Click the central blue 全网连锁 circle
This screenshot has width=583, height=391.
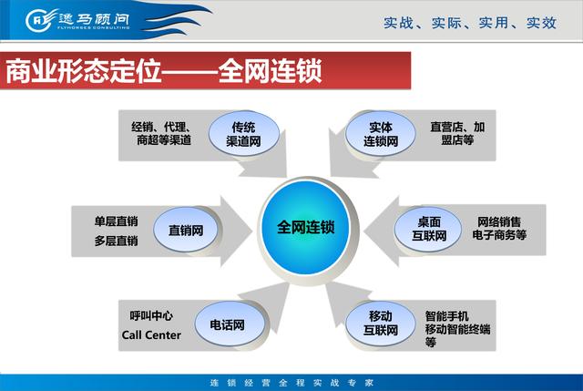click(306, 227)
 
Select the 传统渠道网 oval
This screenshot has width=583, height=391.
click(244, 134)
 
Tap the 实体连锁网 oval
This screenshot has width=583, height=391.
click(381, 134)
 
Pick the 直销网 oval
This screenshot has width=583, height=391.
click(186, 230)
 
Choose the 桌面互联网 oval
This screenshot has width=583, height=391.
click(428, 229)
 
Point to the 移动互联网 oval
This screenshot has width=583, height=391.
click(381, 324)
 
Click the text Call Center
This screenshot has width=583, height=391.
click(151, 335)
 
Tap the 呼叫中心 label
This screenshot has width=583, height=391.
click(151, 316)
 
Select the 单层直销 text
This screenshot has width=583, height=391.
click(116, 221)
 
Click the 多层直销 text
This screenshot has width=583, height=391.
click(116, 241)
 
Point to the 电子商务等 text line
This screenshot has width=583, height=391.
click(499, 235)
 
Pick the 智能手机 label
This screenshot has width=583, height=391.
click(446, 316)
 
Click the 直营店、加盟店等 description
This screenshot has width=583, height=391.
click(457, 134)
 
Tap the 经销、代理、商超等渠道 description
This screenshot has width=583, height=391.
click(162, 134)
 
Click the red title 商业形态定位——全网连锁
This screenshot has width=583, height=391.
click(164, 71)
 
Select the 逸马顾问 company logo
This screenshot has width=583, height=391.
click(77, 19)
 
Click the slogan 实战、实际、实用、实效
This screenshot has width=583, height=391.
click(470, 23)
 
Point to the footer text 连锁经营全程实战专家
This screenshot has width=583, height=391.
click(291, 383)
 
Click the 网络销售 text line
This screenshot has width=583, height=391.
click(499, 222)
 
